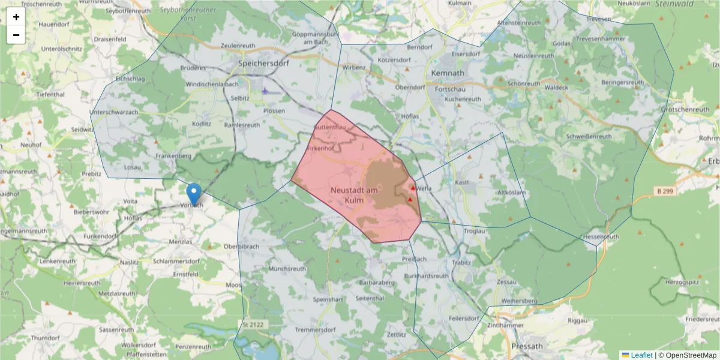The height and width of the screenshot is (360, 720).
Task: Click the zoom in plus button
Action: [16, 17]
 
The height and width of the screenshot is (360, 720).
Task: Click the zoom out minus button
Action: [16, 35]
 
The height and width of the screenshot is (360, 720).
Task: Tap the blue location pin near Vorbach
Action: [194, 194]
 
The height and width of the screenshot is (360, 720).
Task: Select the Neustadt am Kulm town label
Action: [354, 194]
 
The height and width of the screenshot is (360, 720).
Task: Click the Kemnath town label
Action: [448, 73]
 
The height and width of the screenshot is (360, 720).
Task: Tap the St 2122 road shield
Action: [253, 325]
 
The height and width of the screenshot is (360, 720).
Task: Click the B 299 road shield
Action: [665, 191]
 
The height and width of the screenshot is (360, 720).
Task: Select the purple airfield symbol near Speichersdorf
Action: [265, 91]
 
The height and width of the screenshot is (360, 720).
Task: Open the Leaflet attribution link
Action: [641, 355]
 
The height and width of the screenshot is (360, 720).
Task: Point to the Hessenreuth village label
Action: [601, 237]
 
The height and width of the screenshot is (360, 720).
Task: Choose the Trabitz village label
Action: [463, 262]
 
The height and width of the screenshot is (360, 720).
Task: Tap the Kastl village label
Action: [462, 182]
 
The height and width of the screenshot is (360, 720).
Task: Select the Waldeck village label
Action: [557, 87]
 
